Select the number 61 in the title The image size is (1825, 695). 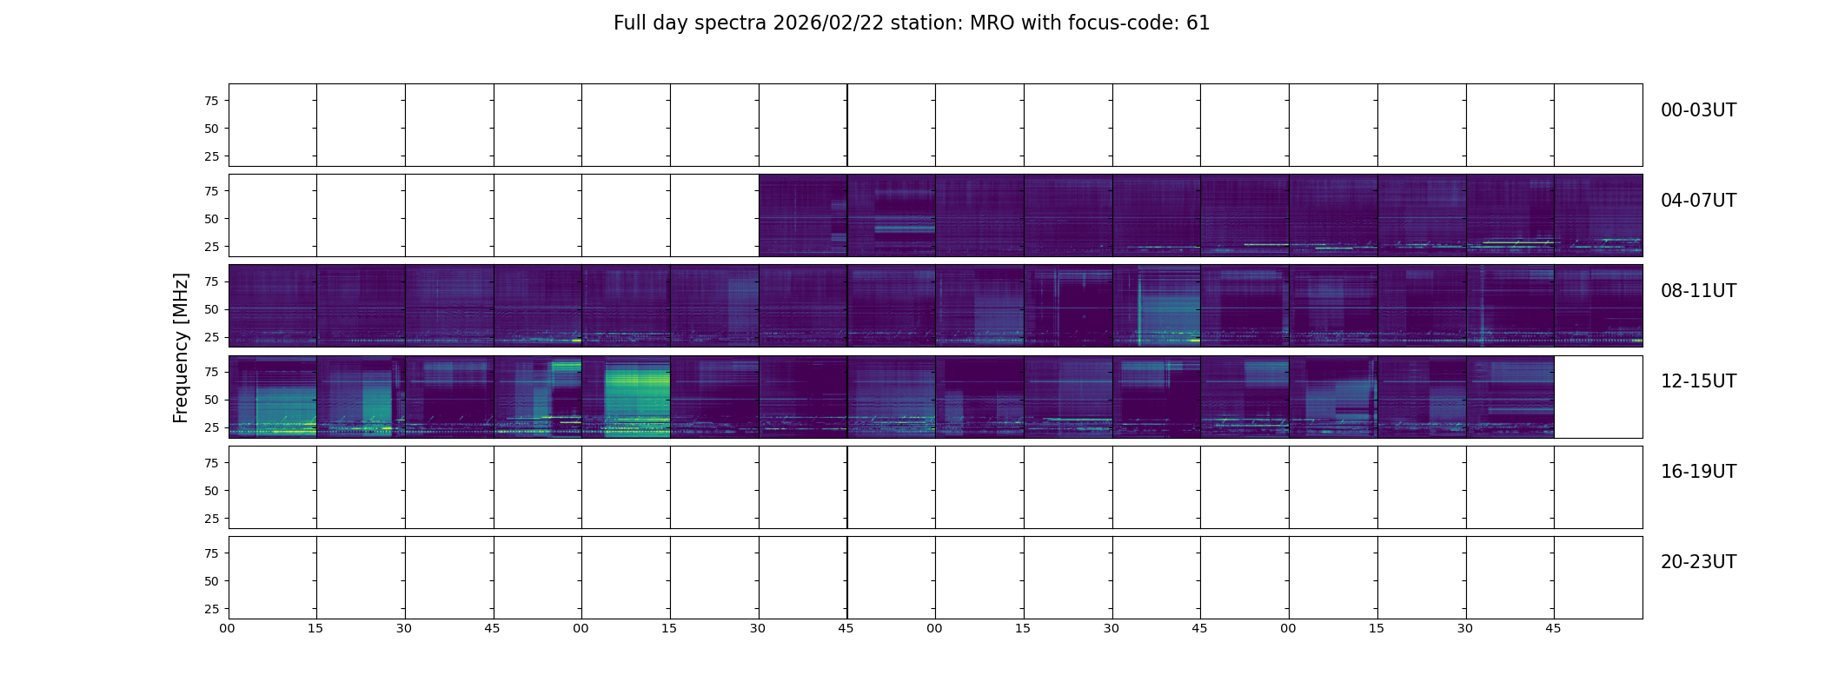1198,23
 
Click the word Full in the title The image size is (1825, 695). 631,23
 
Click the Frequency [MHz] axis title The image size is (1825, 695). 181,347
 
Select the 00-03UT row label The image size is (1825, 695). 1698,110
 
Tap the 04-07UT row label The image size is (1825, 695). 1698,201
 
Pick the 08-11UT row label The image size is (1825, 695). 1698,291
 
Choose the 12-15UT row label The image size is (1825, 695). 1698,381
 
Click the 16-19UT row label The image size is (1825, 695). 1698,472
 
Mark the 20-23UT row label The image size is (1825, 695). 1698,562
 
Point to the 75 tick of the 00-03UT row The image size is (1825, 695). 211,101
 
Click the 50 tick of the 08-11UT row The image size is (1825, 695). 211,309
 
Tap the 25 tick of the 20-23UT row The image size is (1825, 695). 211,609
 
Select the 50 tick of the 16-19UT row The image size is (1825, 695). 211,491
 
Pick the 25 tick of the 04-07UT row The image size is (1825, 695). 211,247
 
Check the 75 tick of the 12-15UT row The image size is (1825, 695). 211,372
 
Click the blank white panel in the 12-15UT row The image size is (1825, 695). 1597,397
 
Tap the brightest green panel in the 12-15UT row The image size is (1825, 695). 626,397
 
